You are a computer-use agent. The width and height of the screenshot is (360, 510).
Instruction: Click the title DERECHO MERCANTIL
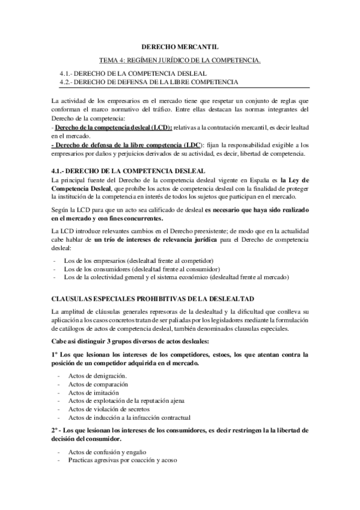[180, 46]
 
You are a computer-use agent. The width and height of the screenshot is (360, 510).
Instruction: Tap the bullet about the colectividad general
[178, 277]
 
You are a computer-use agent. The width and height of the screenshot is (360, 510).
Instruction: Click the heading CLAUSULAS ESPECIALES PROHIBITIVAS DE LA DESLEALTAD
[153, 298]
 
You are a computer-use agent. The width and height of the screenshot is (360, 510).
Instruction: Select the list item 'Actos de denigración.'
[97, 375]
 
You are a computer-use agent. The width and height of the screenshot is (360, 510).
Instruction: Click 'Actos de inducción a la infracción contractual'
[129, 417]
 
